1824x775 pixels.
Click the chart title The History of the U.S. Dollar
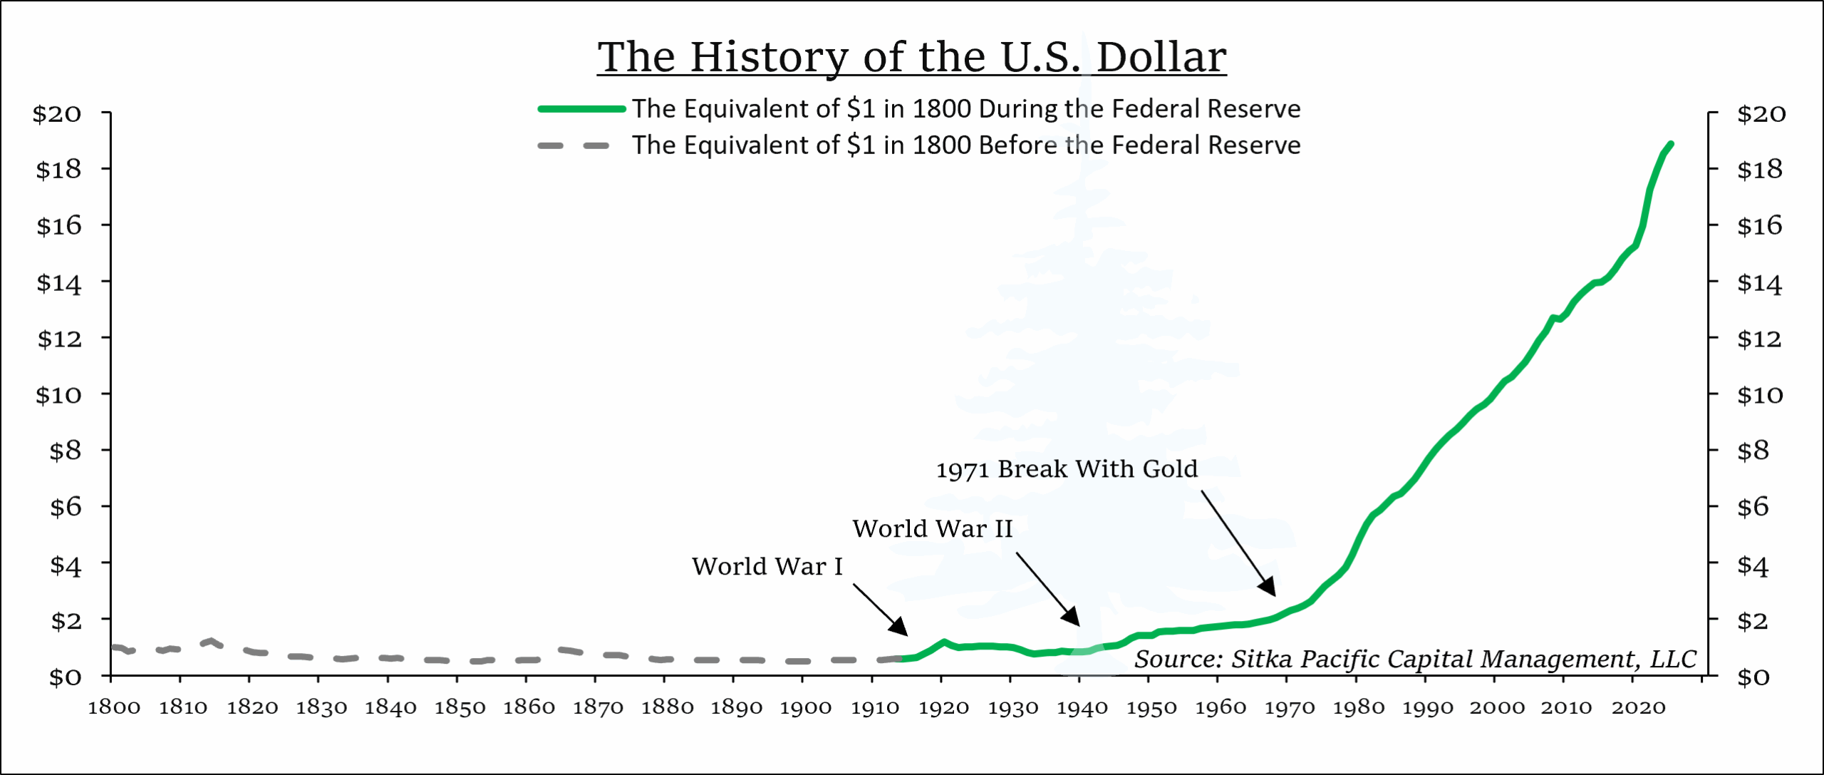point(911,56)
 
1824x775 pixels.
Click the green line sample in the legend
point(581,109)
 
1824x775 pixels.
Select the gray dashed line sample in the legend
point(574,145)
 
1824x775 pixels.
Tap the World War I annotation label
point(767,566)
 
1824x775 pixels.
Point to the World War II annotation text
point(932,528)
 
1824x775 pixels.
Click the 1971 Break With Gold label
point(1066,469)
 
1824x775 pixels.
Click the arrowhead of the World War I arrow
point(901,628)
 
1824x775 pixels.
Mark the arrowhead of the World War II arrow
point(1072,617)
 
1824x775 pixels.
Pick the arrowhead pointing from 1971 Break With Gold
point(1268,587)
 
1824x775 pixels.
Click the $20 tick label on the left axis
point(57,113)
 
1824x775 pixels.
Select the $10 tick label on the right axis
point(1759,394)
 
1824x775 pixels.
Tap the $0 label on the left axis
point(65,676)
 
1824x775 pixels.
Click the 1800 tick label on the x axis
point(114,707)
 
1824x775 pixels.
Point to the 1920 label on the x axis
point(943,707)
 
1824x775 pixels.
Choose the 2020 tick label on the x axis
point(1638,707)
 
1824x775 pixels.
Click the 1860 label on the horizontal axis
point(529,707)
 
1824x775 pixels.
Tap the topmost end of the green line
point(1670,145)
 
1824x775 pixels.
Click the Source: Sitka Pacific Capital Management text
point(1415,659)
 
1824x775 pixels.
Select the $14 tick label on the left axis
point(59,283)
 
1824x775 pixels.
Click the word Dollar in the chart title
point(1161,56)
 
